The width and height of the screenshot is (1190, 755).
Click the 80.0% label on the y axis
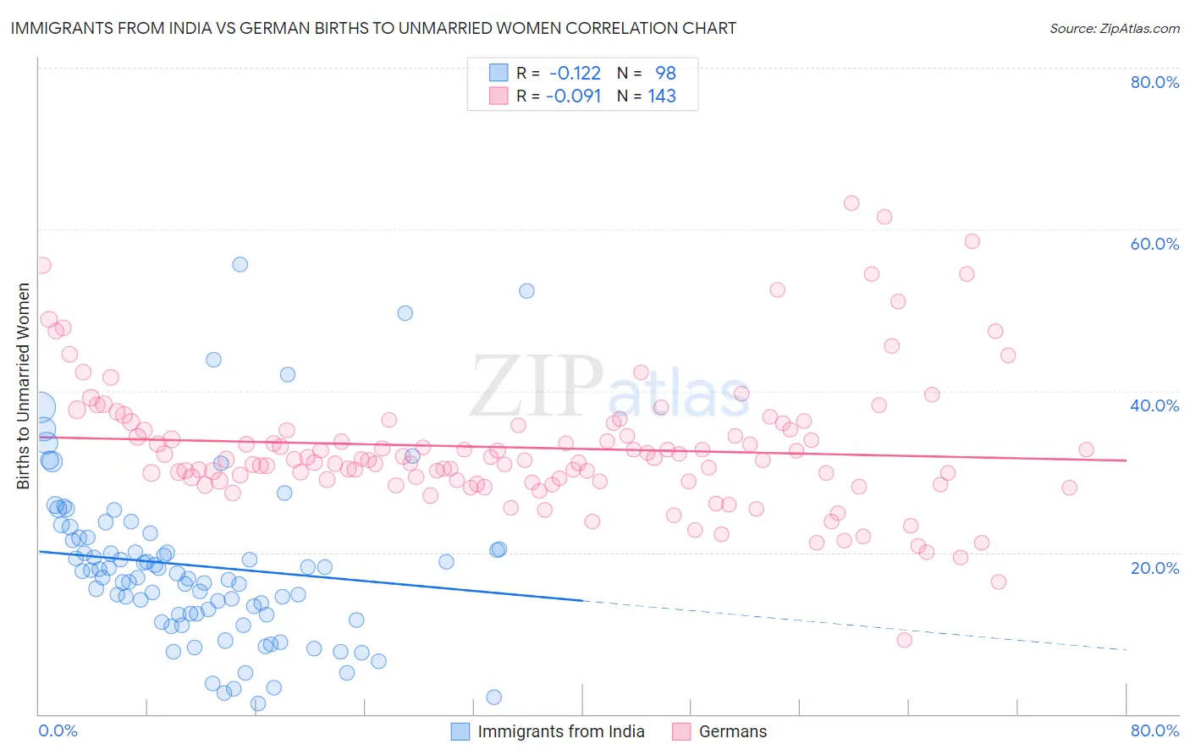point(1154,82)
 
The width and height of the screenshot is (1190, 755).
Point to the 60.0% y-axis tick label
point(1154,244)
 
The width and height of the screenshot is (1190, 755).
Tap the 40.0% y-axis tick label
point(1154,405)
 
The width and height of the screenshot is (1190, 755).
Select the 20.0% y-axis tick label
point(1154,568)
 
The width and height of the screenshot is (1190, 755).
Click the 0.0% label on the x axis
point(58,730)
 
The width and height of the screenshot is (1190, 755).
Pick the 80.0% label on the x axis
point(1154,730)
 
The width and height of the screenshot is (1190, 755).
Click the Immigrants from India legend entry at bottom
point(560,731)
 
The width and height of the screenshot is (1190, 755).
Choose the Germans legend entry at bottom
point(732,731)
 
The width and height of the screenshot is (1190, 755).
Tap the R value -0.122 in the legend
point(575,73)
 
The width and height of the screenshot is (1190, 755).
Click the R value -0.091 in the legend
point(574,96)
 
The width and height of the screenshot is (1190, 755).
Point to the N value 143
point(662,96)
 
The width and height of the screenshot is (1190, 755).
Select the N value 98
point(665,73)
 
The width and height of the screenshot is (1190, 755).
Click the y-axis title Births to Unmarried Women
point(23,386)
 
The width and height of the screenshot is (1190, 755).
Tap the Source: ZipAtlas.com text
point(1114,28)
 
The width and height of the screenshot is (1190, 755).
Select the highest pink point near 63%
point(851,203)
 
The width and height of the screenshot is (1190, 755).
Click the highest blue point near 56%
point(240,264)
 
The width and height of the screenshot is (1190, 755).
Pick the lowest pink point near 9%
point(904,640)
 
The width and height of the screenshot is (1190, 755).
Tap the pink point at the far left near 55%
point(43,265)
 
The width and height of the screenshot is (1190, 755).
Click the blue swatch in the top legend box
point(499,73)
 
